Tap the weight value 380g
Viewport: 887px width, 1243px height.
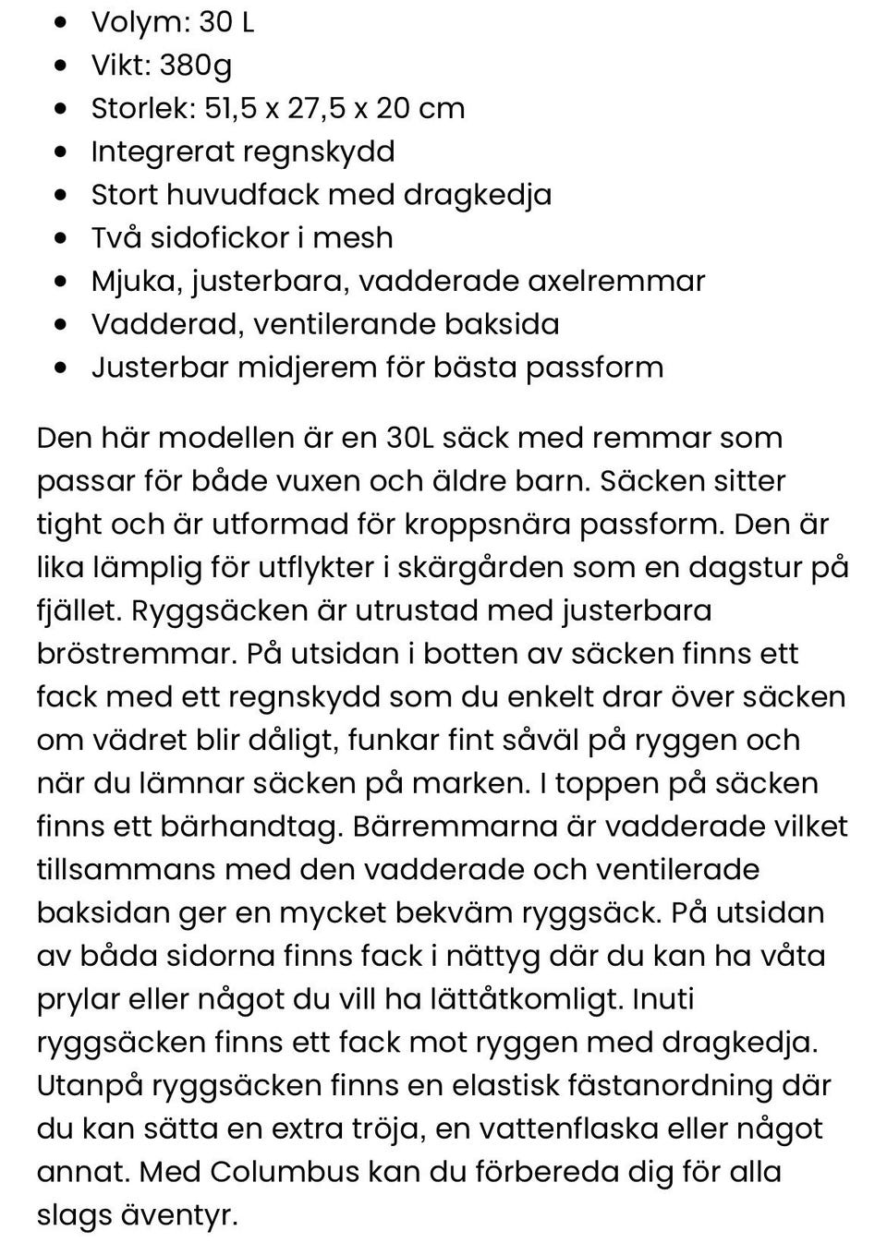[x=196, y=66]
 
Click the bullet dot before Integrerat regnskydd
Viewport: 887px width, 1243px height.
[x=61, y=152]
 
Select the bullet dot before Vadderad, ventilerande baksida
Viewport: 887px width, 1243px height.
[x=61, y=325]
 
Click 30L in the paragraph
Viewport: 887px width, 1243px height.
[x=409, y=438]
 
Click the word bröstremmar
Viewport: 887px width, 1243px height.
[x=136, y=654]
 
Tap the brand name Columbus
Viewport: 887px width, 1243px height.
[x=285, y=1172]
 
